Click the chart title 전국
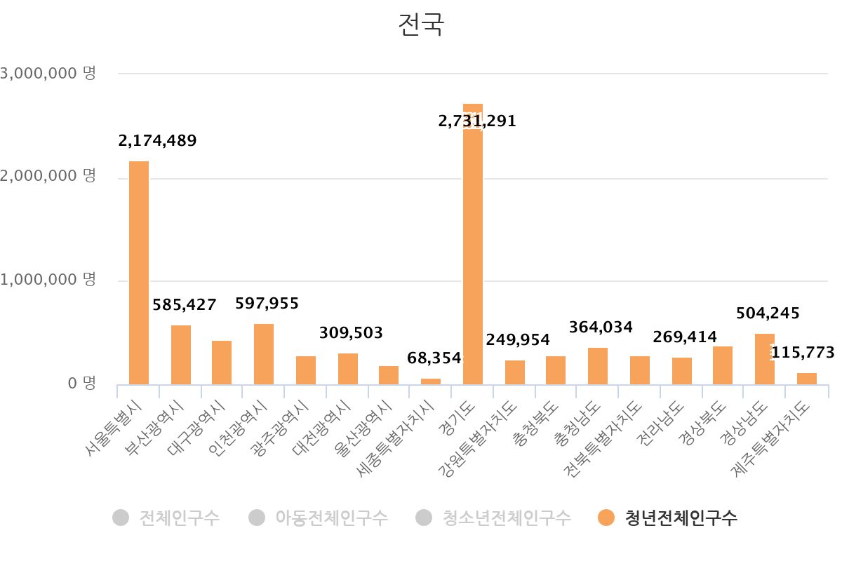click(x=421, y=25)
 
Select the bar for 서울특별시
click(x=139, y=273)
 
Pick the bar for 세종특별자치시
click(x=431, y=381)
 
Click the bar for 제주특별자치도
click(x=807, y=379)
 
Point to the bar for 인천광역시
click(x=264, y=354)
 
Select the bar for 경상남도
click(x=765, y=359)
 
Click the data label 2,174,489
click(x=158, y=140)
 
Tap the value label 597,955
click(x=267, y=304)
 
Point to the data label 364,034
click(x=601, y=327)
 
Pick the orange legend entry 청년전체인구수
click(x=681, y=518)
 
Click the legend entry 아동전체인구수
click(x=330, y=518)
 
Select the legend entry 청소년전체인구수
click(x=506, y=518)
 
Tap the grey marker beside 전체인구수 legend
click(x=121, y=518)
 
